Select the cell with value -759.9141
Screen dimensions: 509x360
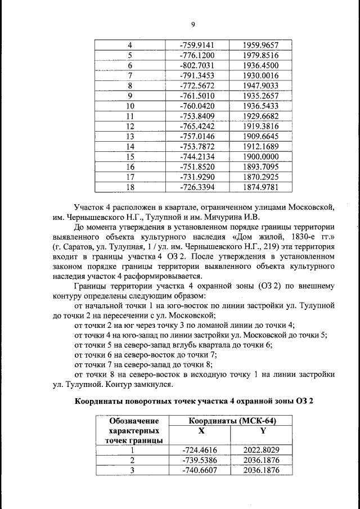197,45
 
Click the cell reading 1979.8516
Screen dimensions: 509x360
262,55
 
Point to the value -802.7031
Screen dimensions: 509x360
197,65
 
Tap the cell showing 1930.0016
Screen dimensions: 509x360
262,75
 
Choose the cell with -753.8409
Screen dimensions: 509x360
197,116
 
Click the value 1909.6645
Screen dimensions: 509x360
262,136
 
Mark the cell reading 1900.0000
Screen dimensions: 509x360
262,156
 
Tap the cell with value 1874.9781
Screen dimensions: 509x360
262,187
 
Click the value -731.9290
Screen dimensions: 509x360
197,177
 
